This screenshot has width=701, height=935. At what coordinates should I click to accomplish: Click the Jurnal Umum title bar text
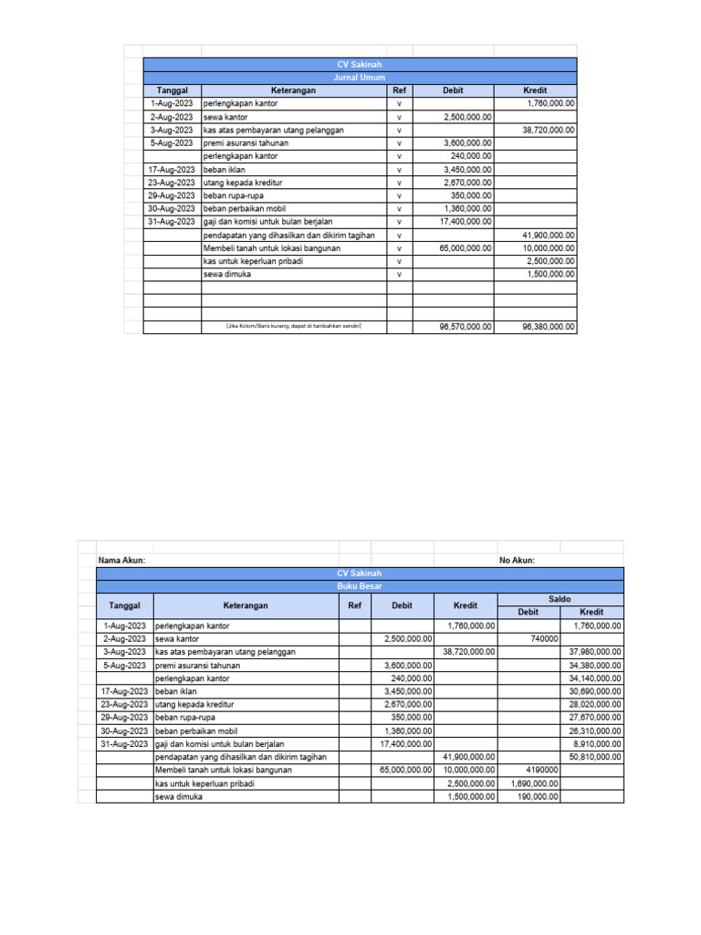coord(361,78)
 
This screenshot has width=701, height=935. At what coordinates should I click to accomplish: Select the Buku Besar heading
coord(361,585)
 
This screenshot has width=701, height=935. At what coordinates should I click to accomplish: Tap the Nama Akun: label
coord(121,560)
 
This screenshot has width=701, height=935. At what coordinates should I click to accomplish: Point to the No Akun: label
coord(517,560)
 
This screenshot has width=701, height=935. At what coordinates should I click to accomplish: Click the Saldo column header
coord(560,598)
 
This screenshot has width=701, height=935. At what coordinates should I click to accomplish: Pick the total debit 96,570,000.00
coord(467,326)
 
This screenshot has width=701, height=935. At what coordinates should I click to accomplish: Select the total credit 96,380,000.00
coord(549,326)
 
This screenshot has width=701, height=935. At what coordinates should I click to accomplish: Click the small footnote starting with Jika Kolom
coord(293,326)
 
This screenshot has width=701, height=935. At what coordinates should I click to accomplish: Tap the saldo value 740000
coord(544,639)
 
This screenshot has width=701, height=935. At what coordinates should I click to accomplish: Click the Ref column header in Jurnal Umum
coord(399,91)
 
